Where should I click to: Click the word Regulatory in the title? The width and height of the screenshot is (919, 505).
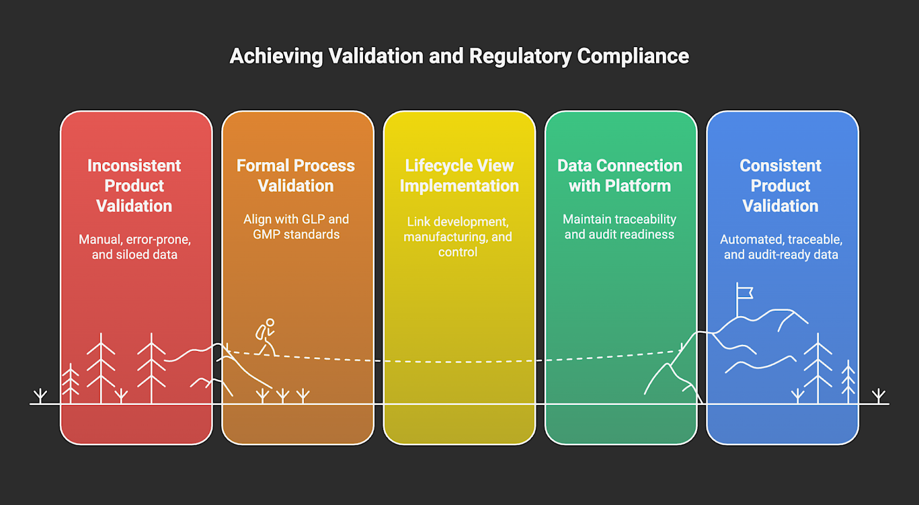tap(520, 56)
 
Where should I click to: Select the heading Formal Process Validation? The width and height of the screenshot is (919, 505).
tap(296, 176)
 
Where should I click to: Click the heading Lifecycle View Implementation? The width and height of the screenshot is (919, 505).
tap(459, 176)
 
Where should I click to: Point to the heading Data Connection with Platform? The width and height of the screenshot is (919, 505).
tap(620, 176)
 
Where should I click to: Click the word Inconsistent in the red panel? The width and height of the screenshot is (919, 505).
tap(134, 166)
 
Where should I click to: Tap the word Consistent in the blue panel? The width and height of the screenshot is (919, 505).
tap(780, 166)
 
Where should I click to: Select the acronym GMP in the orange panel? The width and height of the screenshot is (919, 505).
tap(266, 234)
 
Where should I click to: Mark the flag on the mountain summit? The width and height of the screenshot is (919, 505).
tap(744, 293)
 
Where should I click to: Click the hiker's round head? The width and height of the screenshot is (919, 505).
tap(270, 323)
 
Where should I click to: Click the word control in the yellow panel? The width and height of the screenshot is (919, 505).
tap(458, 252)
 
